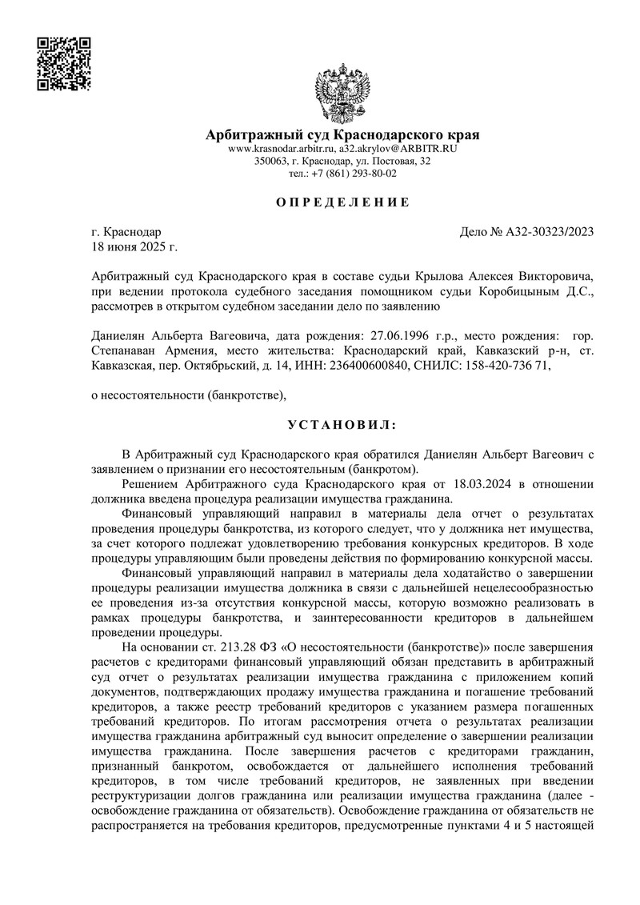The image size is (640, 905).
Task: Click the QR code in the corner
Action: point(64,64)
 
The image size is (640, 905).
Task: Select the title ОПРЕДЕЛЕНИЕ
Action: point(342,202)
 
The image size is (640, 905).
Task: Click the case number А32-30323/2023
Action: point(549,233)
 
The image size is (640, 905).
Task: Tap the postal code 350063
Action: point(271,161)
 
